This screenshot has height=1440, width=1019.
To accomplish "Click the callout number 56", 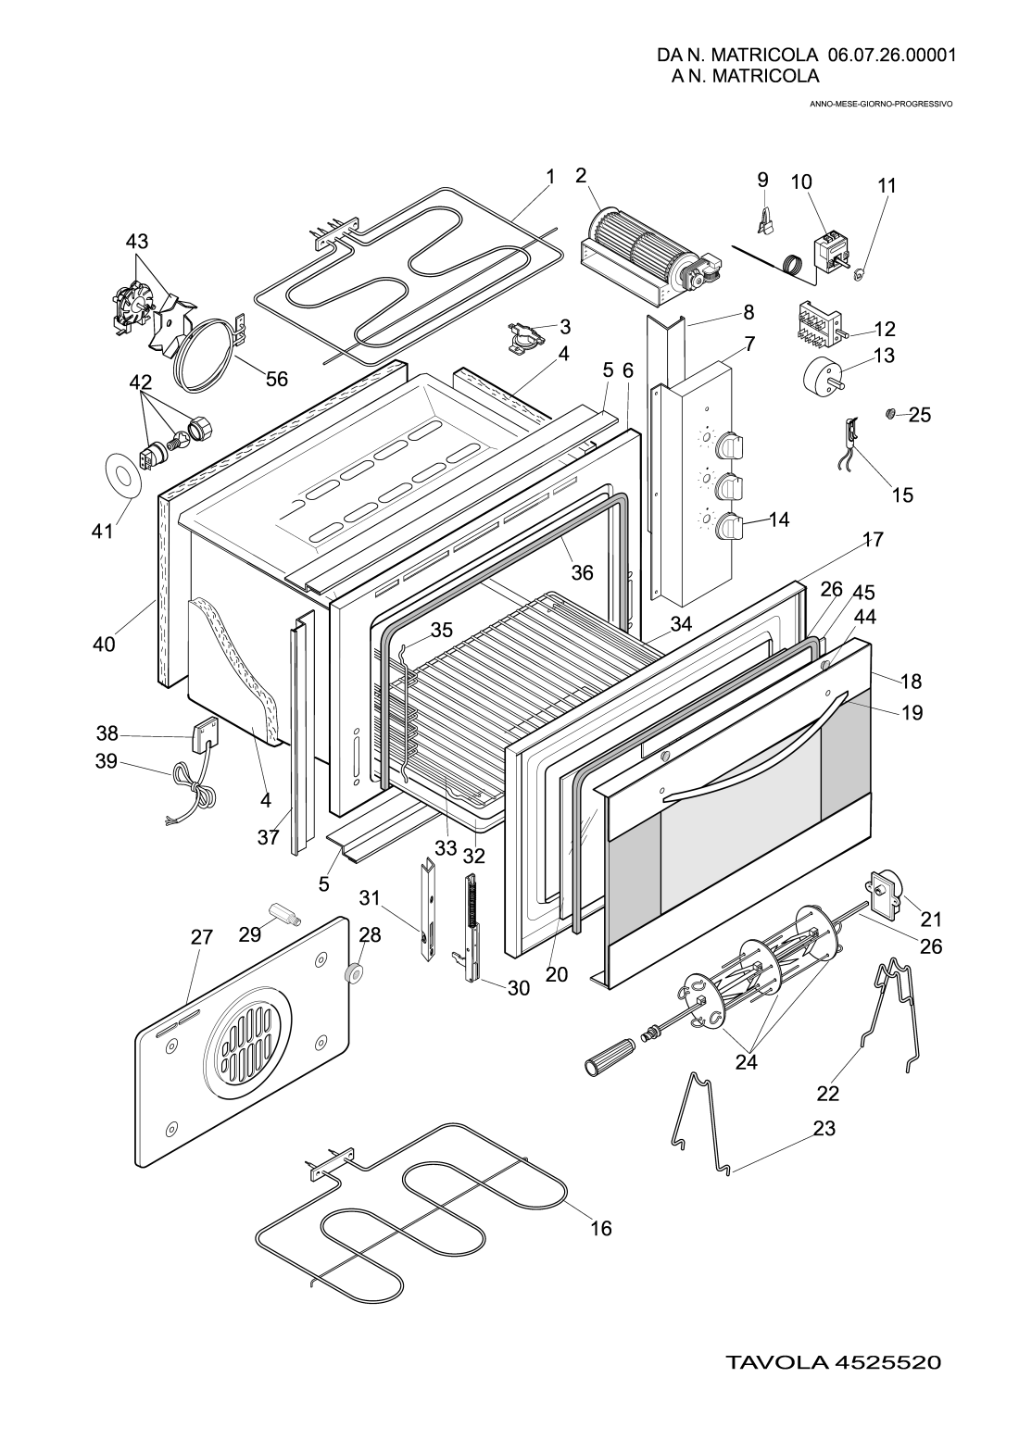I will point(277,379).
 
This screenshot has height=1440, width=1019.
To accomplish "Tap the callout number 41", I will point(102,532).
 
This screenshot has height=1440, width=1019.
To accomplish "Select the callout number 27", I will point(202,937).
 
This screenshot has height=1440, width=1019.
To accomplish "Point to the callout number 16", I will point(601,1228).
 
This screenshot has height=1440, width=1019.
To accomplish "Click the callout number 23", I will point(824,1128).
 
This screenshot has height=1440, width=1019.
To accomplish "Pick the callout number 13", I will point(884,356).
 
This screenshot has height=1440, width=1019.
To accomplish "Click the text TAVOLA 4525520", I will point(833,1363).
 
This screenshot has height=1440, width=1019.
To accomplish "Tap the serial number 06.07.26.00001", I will point(892,55).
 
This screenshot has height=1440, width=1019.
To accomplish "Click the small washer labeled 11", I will point(858,273).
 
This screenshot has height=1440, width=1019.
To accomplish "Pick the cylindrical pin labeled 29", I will point(282,914).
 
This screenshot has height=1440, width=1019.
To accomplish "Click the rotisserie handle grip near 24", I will point(607,1058).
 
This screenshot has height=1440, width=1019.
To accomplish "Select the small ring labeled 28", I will point(352,974).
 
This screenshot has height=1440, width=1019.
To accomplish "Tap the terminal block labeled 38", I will point(205,736).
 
